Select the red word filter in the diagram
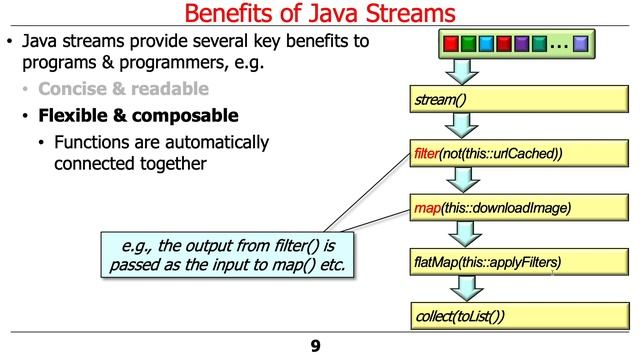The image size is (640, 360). tap(425, 154)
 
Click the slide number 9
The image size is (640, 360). tap(316, 346)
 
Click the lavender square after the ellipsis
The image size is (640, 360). tap(581, 44)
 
